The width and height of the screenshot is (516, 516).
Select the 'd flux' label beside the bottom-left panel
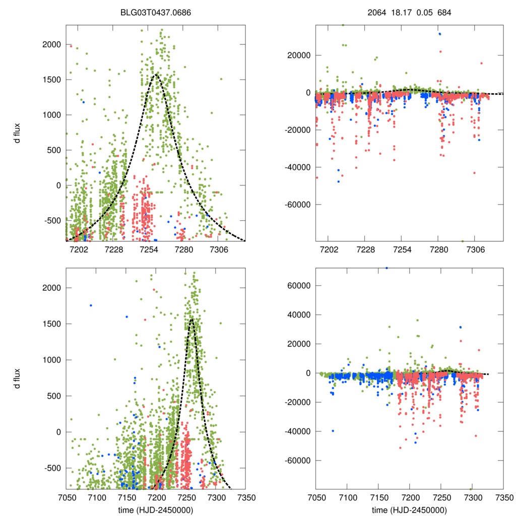point(18,378)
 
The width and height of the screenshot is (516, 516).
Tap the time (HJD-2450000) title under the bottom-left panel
point(156,509)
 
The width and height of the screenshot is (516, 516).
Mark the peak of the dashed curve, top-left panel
point(155,75)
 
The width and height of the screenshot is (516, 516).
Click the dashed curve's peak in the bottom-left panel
point(192,318)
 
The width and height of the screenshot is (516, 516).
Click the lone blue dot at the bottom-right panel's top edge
point(386,268)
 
